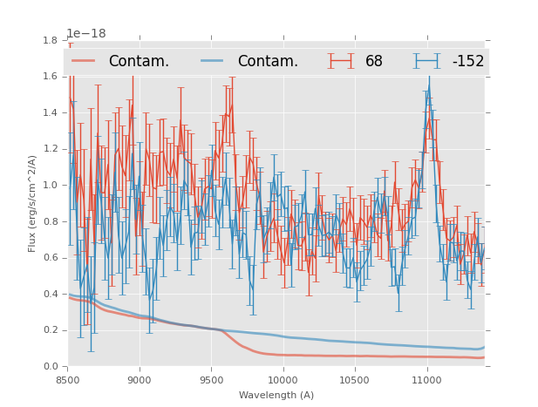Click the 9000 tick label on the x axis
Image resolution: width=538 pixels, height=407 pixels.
pos(140,381)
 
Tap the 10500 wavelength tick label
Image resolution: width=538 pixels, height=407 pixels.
pos(355,381)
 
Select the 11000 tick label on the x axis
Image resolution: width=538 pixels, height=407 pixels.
pos(427,381)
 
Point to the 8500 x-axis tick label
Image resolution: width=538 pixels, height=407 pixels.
pos(68,381)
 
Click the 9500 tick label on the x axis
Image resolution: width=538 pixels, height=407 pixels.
pos(212,381)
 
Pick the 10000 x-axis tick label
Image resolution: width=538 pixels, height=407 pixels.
pos(283,381)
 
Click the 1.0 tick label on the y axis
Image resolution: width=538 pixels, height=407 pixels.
pos(51,185)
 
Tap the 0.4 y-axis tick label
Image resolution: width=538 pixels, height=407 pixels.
pos(51,294)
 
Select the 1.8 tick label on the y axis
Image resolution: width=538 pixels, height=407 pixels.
pos(51,40)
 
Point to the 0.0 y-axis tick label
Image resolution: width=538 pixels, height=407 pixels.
pos(51,366)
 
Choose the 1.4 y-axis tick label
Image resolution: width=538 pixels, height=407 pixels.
pos(51,112)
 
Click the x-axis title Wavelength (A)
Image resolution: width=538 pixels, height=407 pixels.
pos(276,395)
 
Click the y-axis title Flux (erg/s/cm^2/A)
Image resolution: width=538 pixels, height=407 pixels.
pos(32,203)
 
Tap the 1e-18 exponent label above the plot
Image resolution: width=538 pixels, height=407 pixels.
pos(86,34)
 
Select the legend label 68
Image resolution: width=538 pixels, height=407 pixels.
pos(374,62)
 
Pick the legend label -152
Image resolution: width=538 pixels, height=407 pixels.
pos(467,62)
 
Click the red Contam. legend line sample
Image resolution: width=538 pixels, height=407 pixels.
pos(84,61)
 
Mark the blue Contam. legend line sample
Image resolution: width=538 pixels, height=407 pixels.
pos(213,61)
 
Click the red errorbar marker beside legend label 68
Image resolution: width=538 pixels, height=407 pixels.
pos(341,61)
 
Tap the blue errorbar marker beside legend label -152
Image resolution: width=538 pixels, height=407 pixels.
pos(426,61)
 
